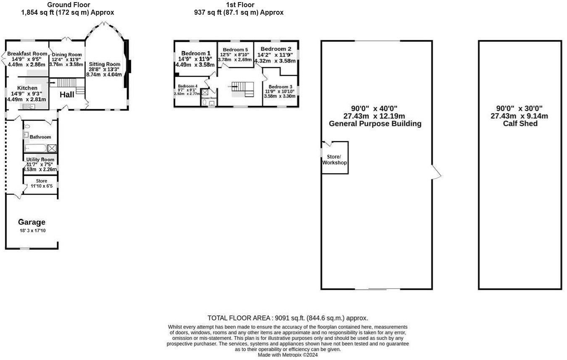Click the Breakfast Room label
tap(28, 54)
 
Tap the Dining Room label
tap(67, 55)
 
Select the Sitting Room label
tap(105, 64)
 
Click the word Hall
tap(67, 95)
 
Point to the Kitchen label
tap(27, 88)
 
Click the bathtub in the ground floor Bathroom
tap(35, 148)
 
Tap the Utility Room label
tap(40, 160)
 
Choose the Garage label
tap(32, 222)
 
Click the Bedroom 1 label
tap(195, 53)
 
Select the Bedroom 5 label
tap(235, 50)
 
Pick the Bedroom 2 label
tap(276, 49)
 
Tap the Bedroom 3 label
tap(280, 87)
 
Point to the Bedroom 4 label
tap(187, 86)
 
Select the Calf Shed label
tap(520, 124)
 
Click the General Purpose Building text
tap(375, 124)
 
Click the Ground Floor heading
tap(68, 5)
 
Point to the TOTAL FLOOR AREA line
tap(287, 318)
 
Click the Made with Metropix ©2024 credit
tap(287, 355)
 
